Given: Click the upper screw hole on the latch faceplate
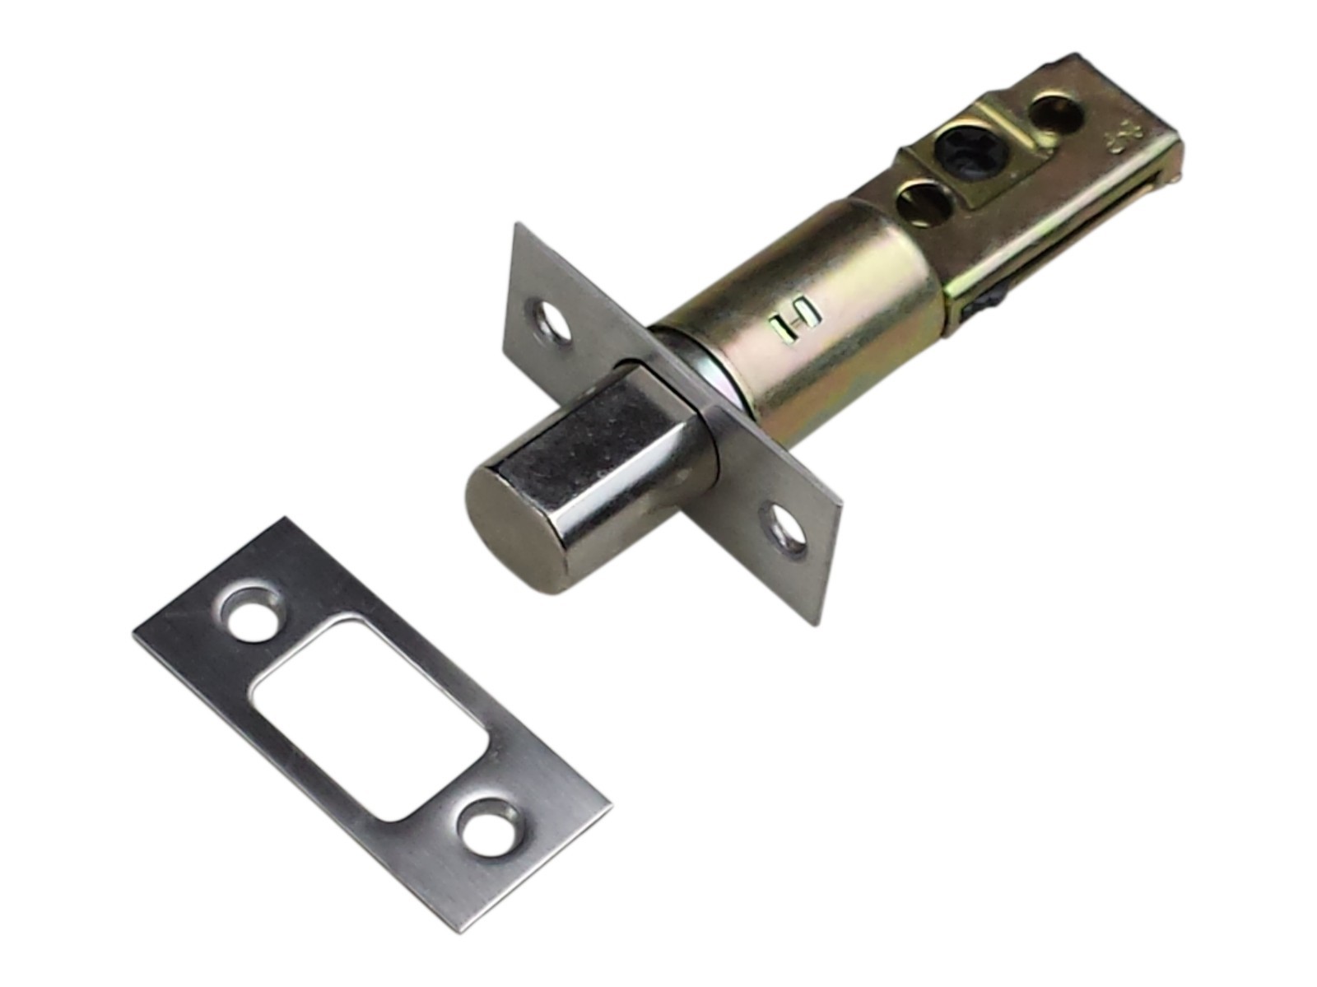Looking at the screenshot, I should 549,321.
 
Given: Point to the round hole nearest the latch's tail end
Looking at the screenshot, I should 1054,112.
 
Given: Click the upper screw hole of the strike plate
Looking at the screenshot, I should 252,613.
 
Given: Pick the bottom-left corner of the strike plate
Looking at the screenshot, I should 136,634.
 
